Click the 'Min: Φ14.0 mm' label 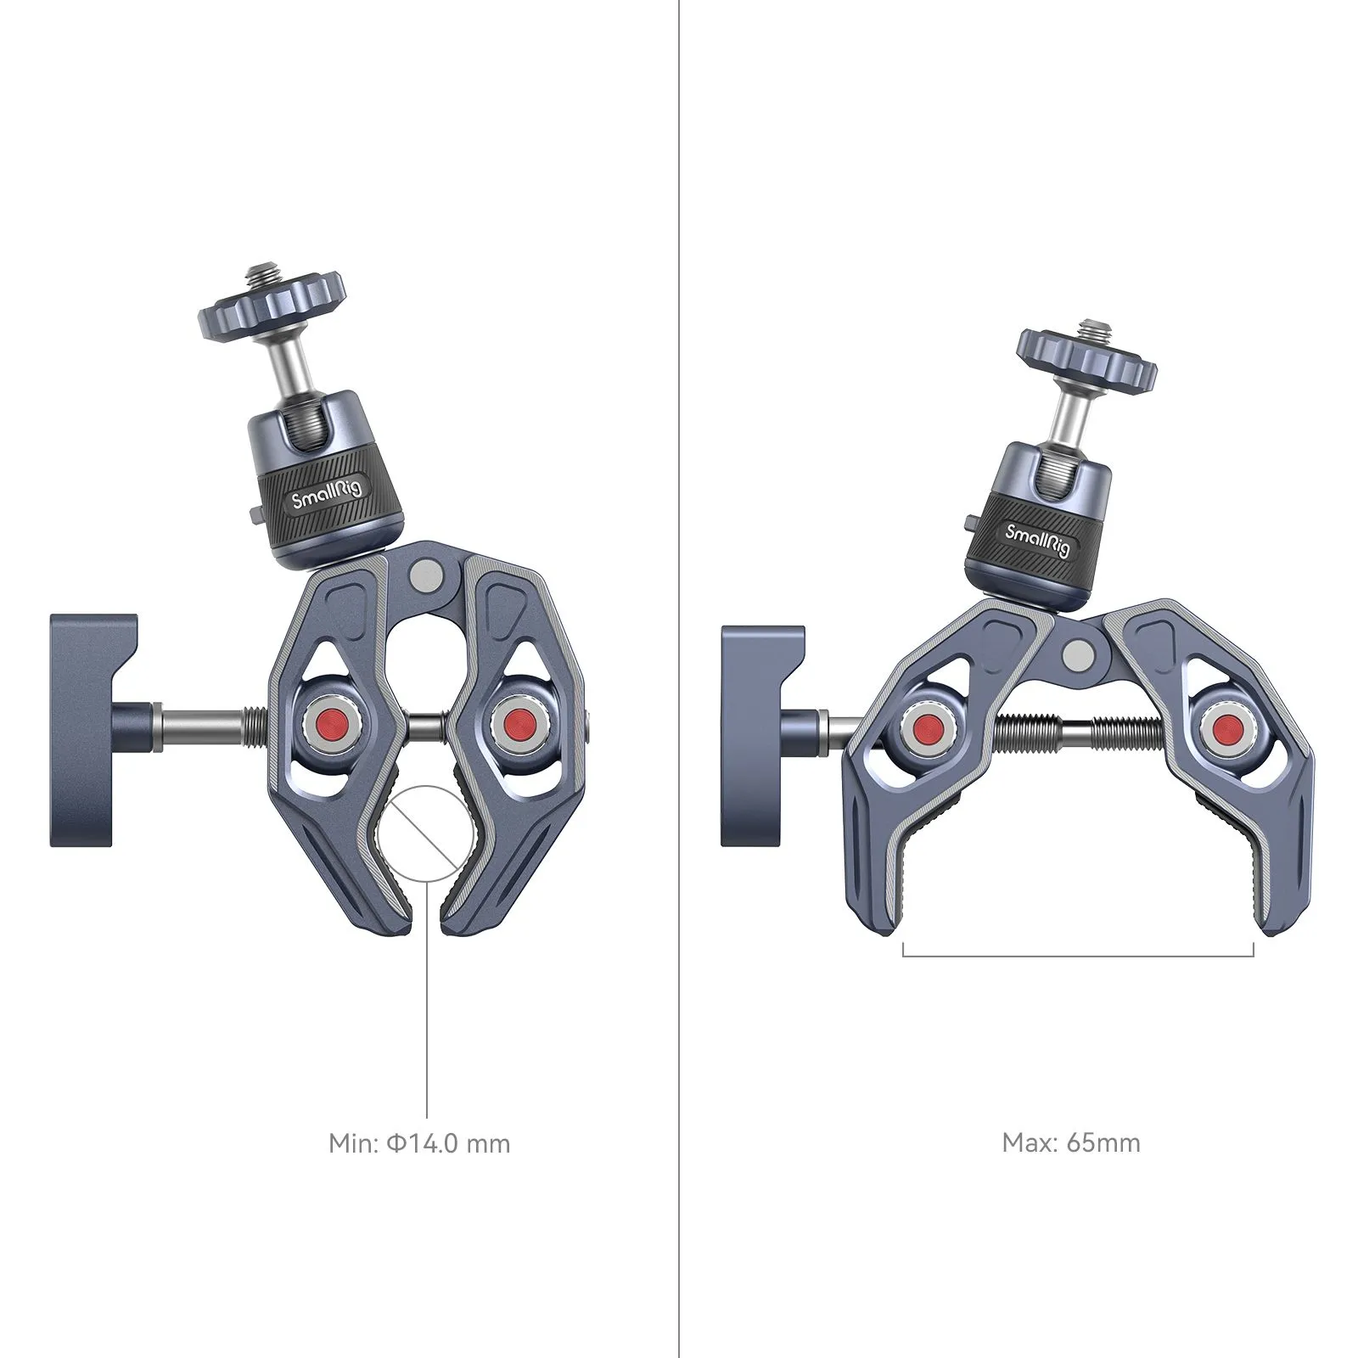(419, 1143)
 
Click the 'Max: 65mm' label (1071, 1142)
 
